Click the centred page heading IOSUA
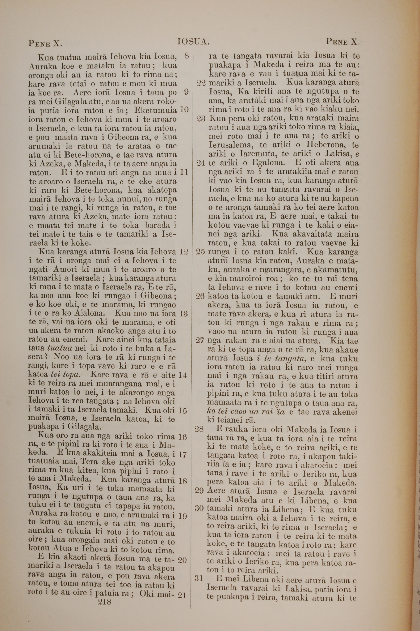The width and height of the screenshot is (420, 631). click(x=193, y=42)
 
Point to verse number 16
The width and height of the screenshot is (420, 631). click(x=182, y=437)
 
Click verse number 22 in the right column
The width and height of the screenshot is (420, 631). click(x=201, y=83)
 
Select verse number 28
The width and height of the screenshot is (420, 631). click(x=199, y=429)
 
